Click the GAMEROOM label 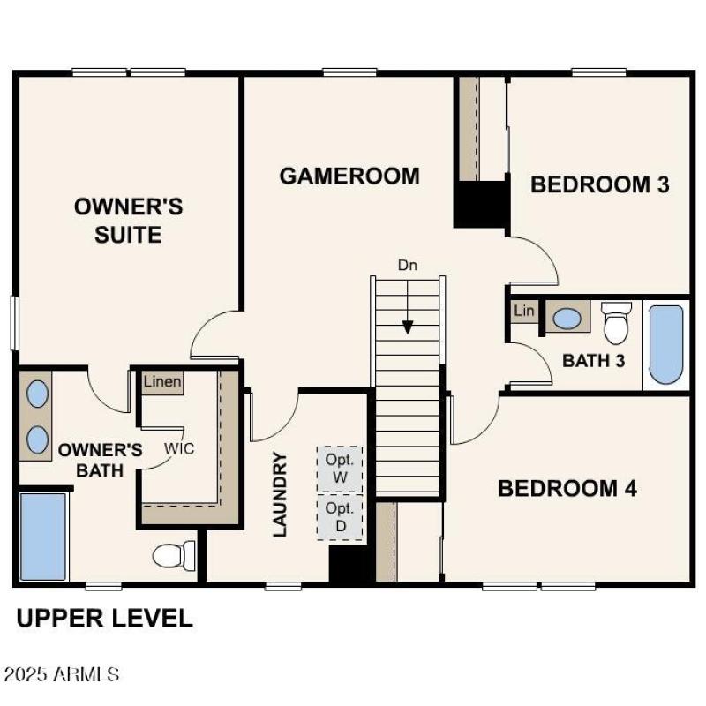point(349,176)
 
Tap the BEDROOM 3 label point(599,184)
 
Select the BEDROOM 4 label point(567,488)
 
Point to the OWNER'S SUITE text point(129,221)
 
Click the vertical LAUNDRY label point(280,494)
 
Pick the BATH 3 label point(594,360)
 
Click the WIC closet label point(178,447)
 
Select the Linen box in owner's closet point(163,382)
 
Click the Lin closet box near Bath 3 point(523,312)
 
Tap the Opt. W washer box point(340,469)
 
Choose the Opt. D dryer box point(340,517)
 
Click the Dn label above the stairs point(407,264)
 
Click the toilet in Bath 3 point(616,323)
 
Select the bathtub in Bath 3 point(666,344)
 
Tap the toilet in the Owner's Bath point(173,555)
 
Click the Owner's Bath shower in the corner point(42,537)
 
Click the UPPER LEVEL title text point(104,618)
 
